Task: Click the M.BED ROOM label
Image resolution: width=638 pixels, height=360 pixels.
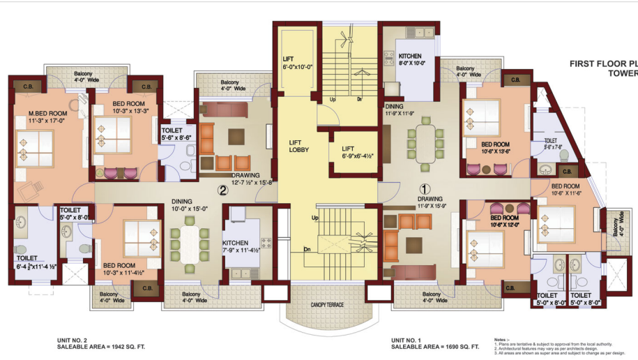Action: point(43,113)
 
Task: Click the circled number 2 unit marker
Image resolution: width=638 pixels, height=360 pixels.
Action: point(222,188)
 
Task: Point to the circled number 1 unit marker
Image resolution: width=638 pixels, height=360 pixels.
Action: point(424,188)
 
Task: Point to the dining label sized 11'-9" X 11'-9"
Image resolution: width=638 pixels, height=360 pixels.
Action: point(395,107)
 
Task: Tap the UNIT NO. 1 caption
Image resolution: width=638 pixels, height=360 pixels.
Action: point(410,340)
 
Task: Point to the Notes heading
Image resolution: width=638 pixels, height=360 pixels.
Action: point(500,338)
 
